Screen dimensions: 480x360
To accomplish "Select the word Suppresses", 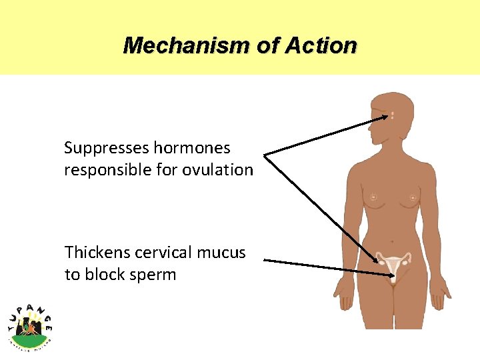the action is (x=107, y=147).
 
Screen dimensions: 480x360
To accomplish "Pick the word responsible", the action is (x=107, y=170).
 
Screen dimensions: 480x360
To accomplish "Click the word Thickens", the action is (x=97, y=253).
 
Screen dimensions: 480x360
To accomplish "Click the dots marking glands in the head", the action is (x=393, y=115).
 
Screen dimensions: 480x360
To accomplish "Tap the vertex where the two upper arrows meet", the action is (x=265, y=155).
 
